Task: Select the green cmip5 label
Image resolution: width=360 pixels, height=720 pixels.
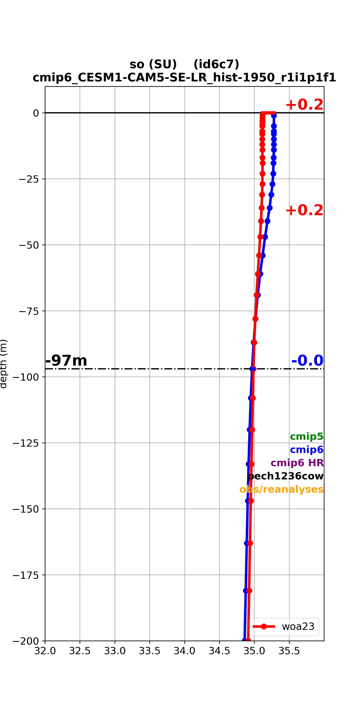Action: (x=307, y=436)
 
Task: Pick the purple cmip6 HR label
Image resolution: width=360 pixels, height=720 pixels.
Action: (x=297, y=463)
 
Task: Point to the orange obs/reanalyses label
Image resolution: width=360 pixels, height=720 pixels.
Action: (x=281, y=489)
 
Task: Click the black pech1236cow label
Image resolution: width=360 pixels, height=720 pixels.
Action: (x=285, y=476)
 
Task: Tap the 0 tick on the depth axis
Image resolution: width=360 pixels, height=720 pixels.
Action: (x=36, y=113)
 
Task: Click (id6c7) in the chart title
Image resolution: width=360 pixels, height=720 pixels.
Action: (x=216, y=64)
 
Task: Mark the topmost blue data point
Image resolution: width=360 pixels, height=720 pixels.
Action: (x=274, y=115)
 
